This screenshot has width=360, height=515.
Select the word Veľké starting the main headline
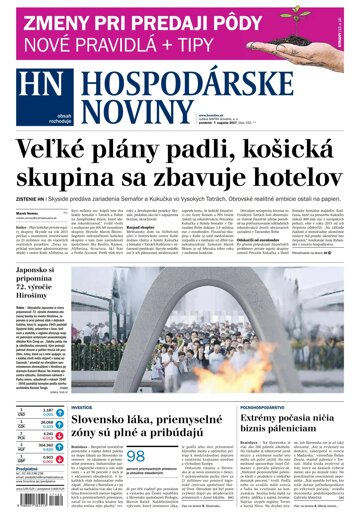tap(57, 152)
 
